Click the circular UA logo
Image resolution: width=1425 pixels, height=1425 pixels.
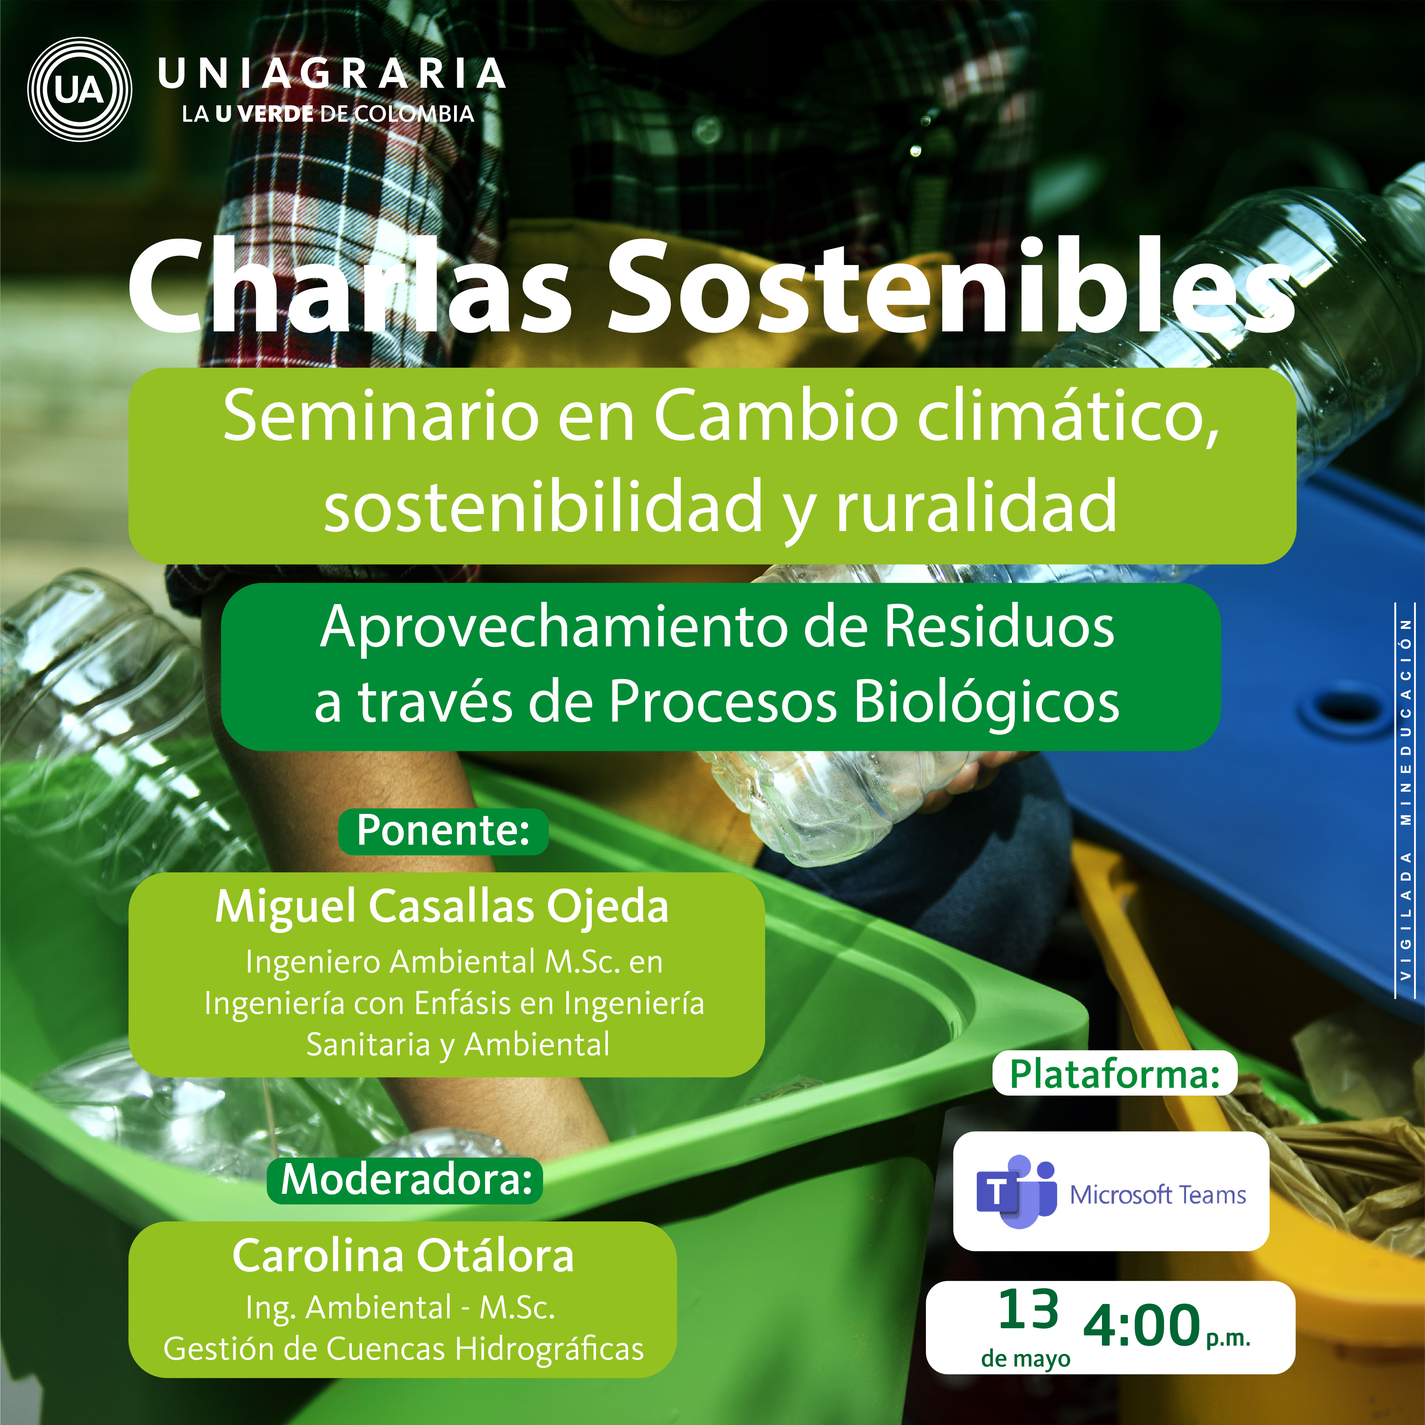[80, 89]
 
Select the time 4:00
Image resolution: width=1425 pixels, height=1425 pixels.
[1142, 1325]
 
